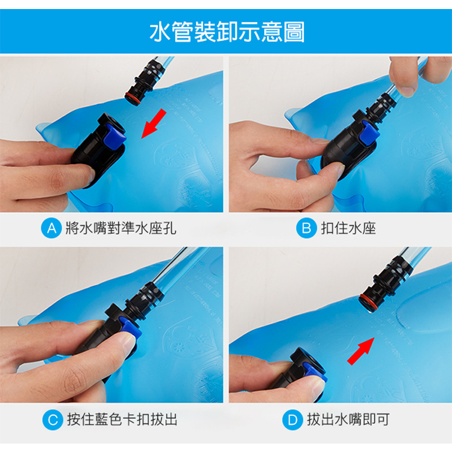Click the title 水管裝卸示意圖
[x=227, y=31]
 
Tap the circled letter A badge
[x=51, y=228]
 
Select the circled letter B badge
[x=306, y=228]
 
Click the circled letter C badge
[x=53, y=419]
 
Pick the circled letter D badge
[x=292, y=419]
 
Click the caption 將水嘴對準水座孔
[x=121, y=228]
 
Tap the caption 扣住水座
[x=348, y=228]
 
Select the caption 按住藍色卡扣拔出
[x=122, y=419]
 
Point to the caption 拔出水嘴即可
[x=348, y=419]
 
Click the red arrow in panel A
[x=154, y=124]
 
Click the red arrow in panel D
[x=361, y=351]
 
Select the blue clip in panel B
[x=368, y=133]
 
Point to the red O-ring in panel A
[x=133, y=98]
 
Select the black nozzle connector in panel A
[x=144, y=82]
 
